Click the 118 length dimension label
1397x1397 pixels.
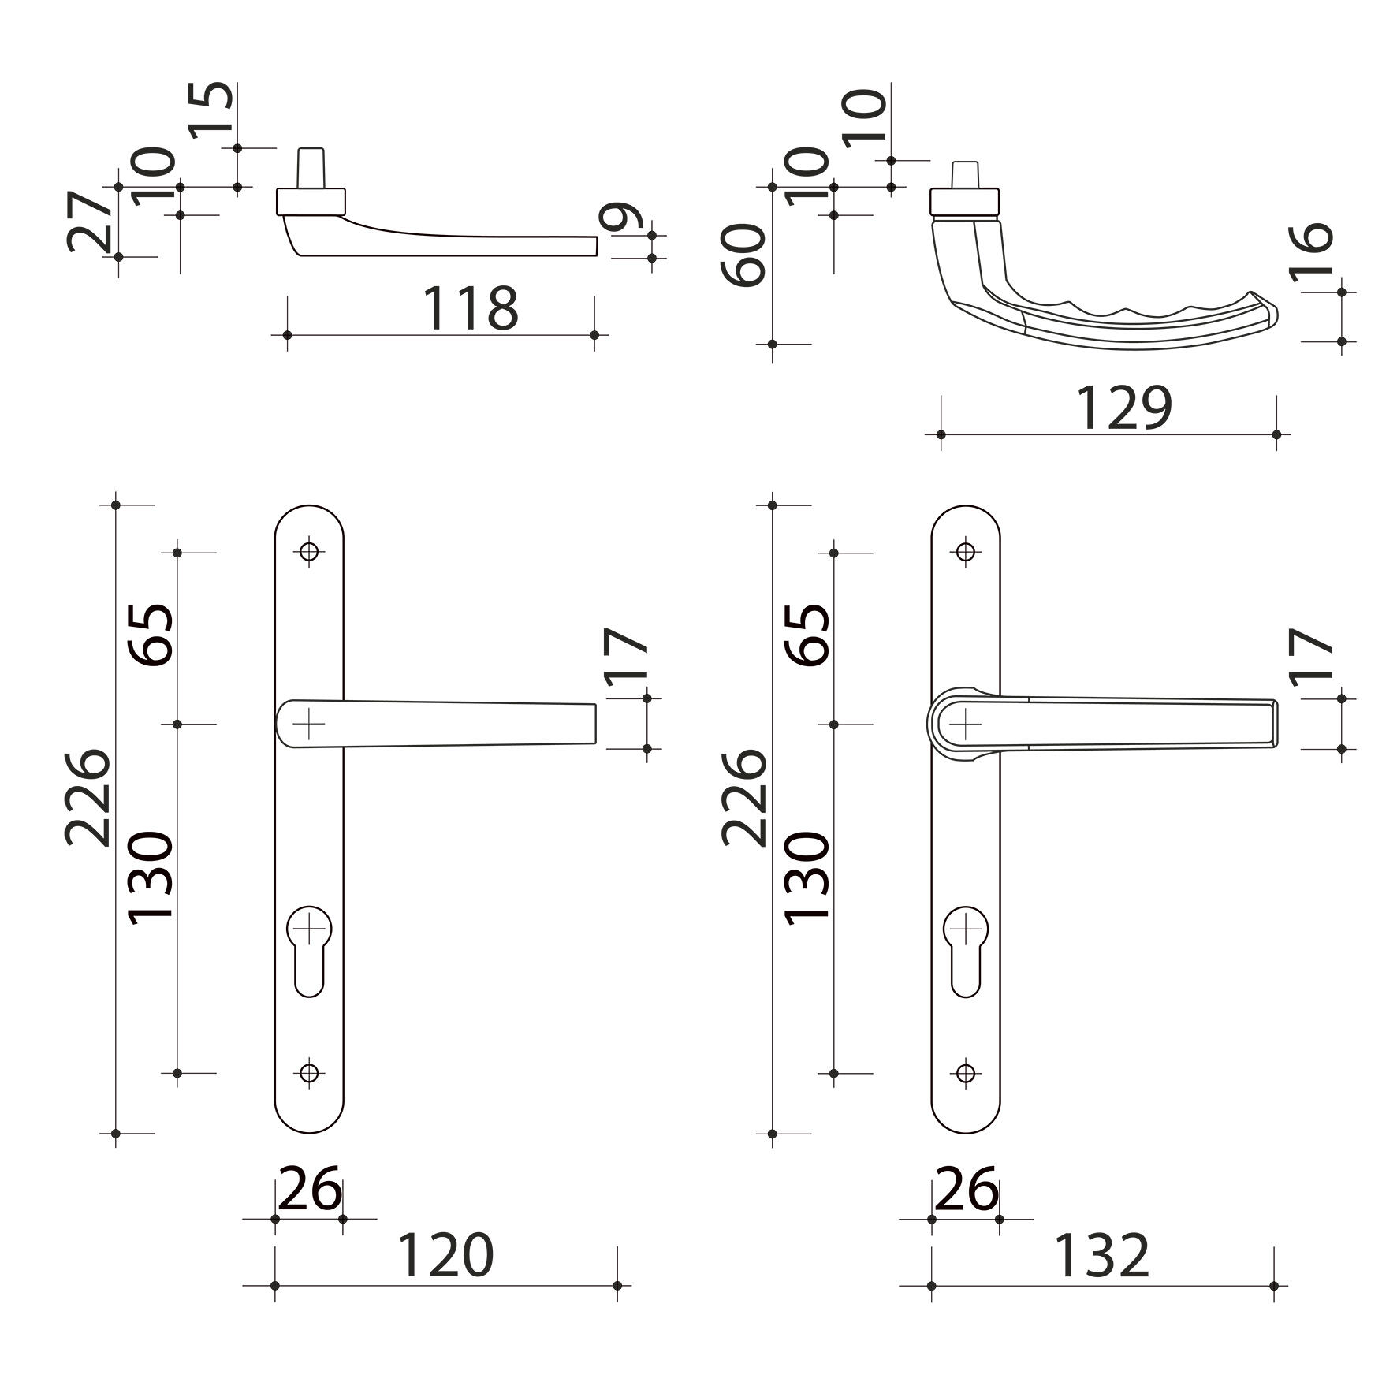pos(471,307)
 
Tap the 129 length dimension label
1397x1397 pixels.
pos(1124,408)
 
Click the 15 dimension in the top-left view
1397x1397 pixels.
pos(212,110)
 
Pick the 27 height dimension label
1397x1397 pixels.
pos(89,220)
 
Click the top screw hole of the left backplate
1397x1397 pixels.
pos(310,552)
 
